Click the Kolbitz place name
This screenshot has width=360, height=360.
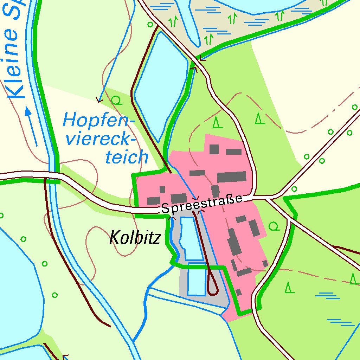pyautogui.click(x=135, y=238)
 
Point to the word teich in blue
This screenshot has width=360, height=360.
pyautogui.click(x=127, y=157)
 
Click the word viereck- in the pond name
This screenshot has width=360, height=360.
pyautogui.click(x=101, y=139)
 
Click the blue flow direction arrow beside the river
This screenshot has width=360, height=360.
pyautogui.click(x=31, y=127)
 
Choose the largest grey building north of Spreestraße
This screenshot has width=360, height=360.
pyautogui.click(x=231, y=177)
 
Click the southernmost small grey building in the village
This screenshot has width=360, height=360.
pyautogui.click(x=238, y=292)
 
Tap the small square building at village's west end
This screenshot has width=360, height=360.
pyautogui.click(x=162, y=189)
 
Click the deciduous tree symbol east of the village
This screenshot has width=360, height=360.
pyautogui.click(x=274, y=226)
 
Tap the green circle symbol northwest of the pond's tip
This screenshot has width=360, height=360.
pyautogui.click(x=150, y=25)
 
